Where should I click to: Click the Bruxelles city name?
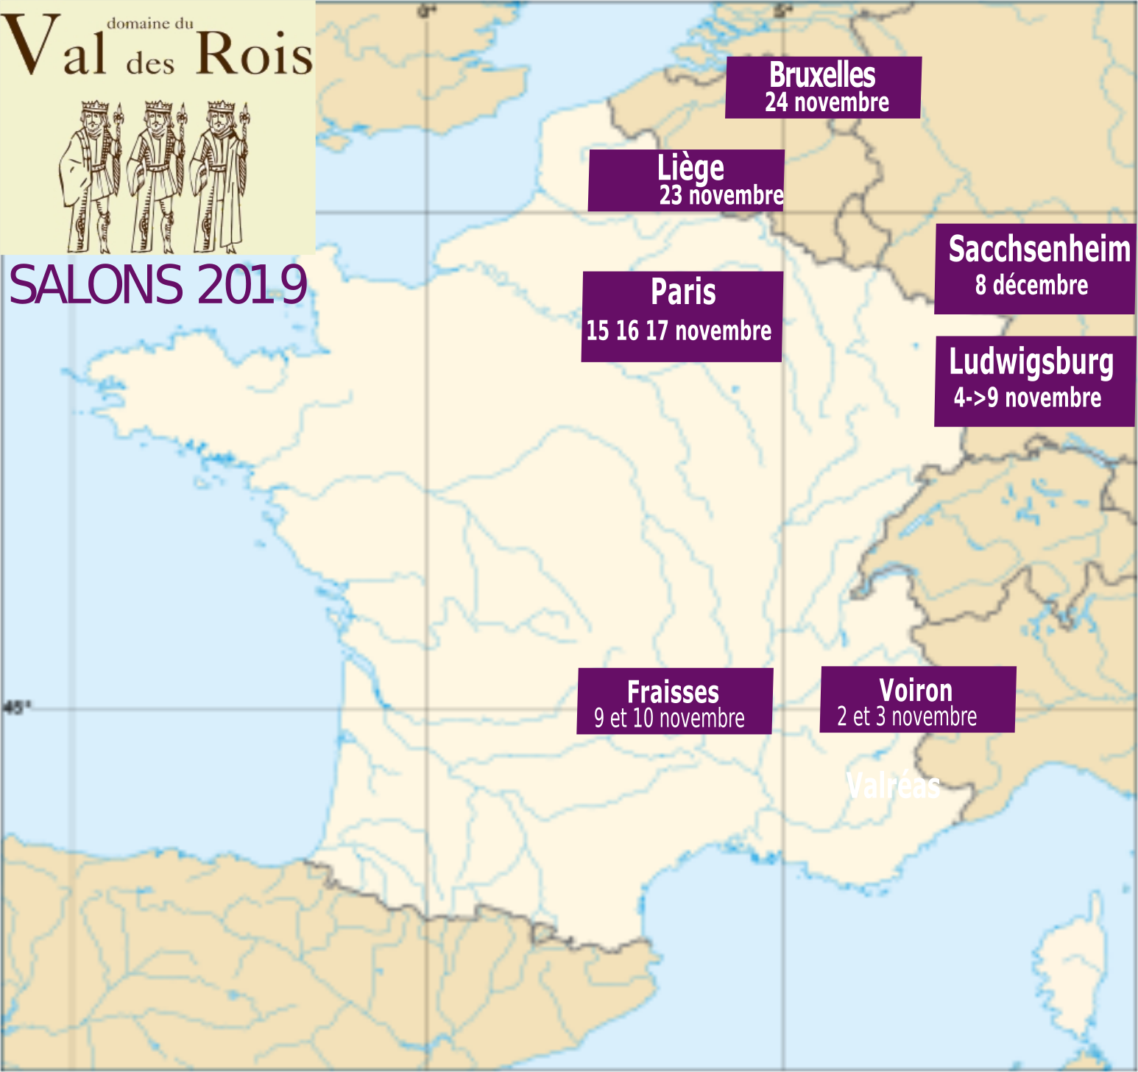(822, 75)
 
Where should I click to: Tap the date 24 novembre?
(827, 102)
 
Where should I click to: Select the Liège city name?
(690, 169)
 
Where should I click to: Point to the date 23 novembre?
(721, 195)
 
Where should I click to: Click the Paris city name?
(683, 292)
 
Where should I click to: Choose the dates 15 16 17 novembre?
(679, 331)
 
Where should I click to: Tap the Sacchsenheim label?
(1039, 250)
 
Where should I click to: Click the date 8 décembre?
(1031, 285)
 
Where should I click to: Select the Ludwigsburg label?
(1031, 362)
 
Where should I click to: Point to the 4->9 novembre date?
(1028, 398)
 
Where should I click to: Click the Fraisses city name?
(673, 692)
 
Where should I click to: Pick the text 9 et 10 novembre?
(669, 718)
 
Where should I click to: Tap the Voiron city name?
(916, 691)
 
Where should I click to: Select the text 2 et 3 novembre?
(907, 716)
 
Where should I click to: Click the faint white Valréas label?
(893, 786)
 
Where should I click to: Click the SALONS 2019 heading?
(158, 285)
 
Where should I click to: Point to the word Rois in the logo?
(255, 54)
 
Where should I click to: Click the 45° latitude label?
(16, 708)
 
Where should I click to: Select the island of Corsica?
(1071, 979)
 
